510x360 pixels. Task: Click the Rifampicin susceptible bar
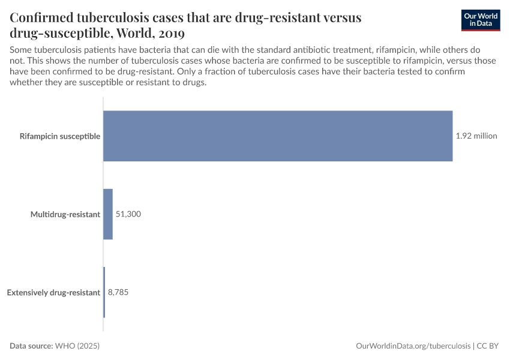pyautogui.click(x=278, y=136)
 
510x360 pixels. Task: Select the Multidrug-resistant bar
pyautogui.click(x=108, y=214)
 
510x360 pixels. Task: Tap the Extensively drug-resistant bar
pyautogui.click(x=104, y=292)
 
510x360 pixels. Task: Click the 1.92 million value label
pyautogui.click(x=476, y=136)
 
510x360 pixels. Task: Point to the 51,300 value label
pyautogui.click(x=128, y=214)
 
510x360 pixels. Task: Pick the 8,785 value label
pyautogui.click(x=118, y=292)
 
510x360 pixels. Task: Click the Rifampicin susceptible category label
pyautogui.click(x=60, y=136)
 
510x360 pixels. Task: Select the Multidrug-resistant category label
pyautogui.click(x=65, y=214)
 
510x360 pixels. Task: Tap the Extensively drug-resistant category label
pyautogui.click(x=53, y=292)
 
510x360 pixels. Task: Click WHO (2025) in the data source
pyautogui.click(x=77, y=346)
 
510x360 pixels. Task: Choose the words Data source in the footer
pyautogui.click(x=31, y=346)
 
